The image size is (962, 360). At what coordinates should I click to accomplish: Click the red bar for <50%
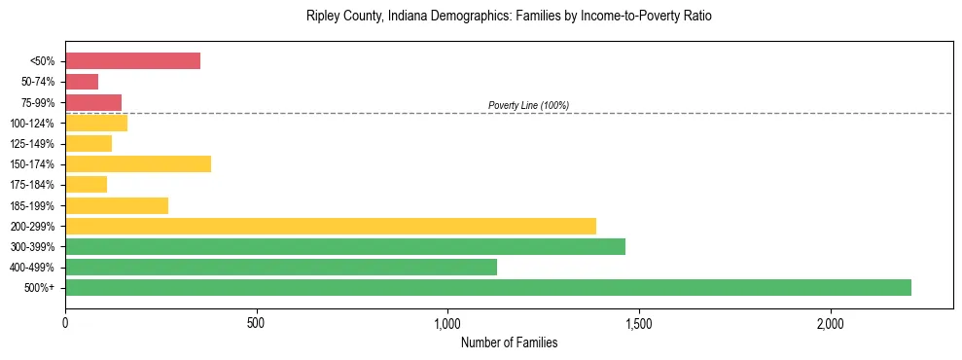[x=132, y=61]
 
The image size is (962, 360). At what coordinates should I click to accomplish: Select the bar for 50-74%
[x=82, y=82]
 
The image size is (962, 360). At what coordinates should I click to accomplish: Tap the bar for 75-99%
[x=93, y=102]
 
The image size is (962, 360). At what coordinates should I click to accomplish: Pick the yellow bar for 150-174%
[x=138, y=163]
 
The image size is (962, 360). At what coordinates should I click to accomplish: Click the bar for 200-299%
[x=331, y=226]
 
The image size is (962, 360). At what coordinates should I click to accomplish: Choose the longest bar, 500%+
[x=488, y=287]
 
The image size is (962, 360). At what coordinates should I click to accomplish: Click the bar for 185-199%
[x=117, y=205]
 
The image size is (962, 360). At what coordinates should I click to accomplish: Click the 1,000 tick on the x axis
[x=447, y=323]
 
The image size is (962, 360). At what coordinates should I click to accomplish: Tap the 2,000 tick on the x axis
[x=831, y=323]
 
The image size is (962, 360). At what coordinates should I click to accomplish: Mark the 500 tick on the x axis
[x=257, y=323]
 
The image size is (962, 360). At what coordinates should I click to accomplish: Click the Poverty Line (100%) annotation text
[x=528, y=105]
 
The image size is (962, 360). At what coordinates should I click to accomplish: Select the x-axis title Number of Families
[x=509, y=342]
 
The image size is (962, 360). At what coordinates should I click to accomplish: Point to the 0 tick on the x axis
[x=65, y=323]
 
